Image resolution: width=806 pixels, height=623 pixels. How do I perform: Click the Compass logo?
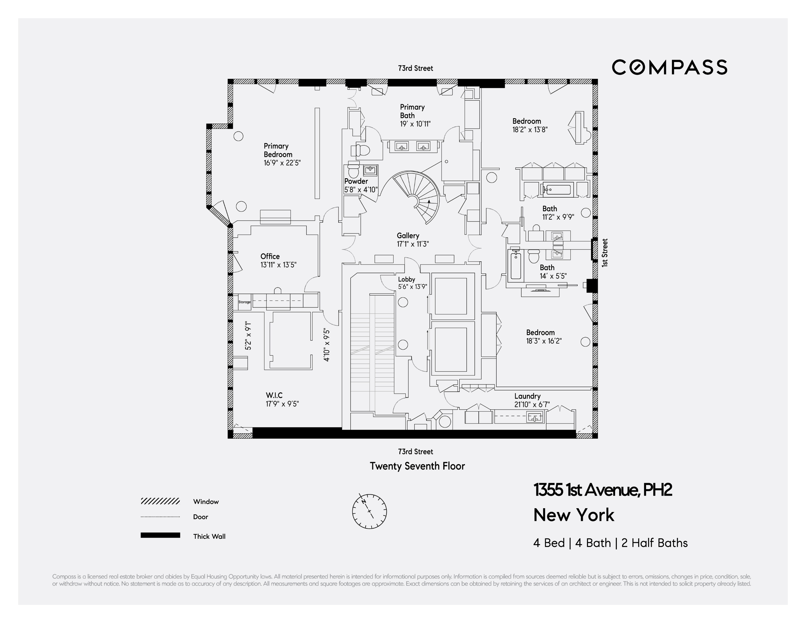[669, 67]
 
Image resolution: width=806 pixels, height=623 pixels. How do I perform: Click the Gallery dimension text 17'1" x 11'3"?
[413, 244]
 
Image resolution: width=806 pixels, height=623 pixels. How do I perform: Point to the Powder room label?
[356, 181]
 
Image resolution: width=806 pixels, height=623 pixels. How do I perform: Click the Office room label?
[270, 256]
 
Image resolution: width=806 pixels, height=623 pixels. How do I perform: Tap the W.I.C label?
[274, 395]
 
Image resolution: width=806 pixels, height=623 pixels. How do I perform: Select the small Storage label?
[244, 302]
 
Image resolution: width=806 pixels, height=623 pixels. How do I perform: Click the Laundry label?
[527, 396]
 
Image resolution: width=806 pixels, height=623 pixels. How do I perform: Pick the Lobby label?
[406, 279]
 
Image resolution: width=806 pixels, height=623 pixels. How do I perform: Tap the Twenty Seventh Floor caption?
[417, 466]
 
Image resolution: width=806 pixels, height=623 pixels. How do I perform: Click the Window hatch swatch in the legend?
[160, 501]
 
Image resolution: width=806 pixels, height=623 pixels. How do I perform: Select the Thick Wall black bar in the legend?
[160, 535]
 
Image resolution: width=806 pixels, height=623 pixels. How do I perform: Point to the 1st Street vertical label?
[604, 253]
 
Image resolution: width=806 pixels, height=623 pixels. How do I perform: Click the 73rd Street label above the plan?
[415, 68]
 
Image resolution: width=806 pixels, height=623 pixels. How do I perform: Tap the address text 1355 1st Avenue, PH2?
[602, 490]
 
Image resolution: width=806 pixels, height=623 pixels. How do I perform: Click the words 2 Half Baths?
[654, 543]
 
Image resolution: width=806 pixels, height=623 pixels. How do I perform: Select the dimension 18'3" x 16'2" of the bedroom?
[544, 341]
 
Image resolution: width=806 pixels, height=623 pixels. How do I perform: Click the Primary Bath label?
[412, 111]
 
